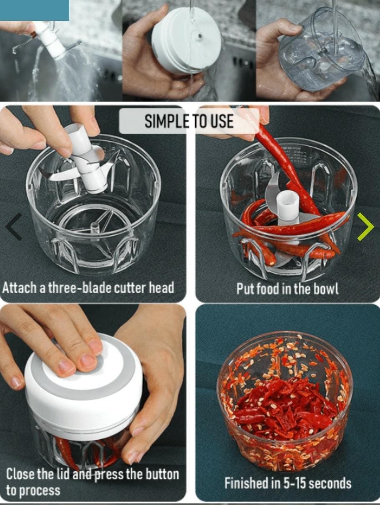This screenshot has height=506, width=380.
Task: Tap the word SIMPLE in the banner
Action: (167, 121)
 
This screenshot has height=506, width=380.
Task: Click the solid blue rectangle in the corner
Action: (35, 10)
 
